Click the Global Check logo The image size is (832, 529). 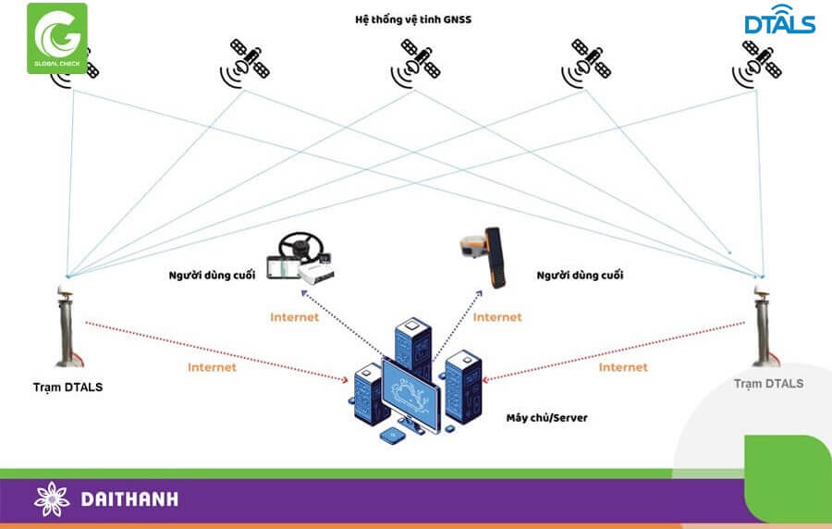(56, 38)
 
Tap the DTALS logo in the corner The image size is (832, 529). (779, 22)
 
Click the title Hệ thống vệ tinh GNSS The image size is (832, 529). (413, 18)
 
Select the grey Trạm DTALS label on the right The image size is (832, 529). (768, 383)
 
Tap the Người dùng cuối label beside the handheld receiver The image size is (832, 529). (580, 275)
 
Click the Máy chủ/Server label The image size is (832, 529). (546, 418)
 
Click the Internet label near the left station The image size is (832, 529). (212, 367)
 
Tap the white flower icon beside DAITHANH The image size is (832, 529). (52, 499)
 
